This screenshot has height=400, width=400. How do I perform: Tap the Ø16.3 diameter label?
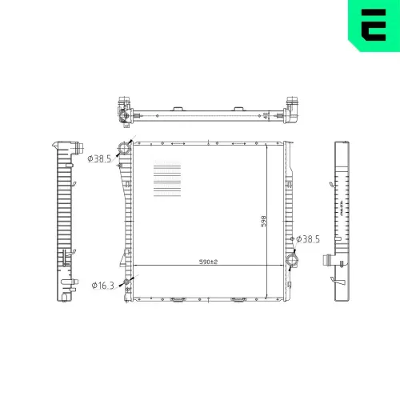pos(105,285)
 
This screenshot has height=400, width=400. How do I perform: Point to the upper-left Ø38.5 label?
pos(99,158)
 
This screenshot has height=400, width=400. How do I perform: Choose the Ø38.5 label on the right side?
pos(309,238)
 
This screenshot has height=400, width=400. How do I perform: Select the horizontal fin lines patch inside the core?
pos(166,182)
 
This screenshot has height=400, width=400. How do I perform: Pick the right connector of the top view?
pos(293,109)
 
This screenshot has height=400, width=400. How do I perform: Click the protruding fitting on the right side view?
pos(328,259)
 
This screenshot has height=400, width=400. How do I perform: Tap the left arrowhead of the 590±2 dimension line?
pos(134,265)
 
